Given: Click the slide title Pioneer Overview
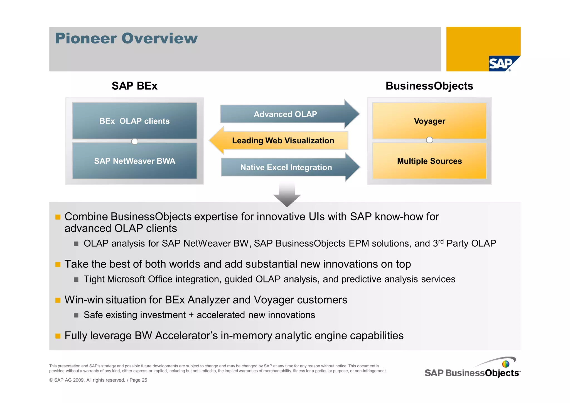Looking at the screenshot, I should point(126,38).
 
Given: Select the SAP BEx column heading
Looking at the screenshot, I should point(134,86).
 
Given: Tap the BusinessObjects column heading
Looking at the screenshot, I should point(429,86).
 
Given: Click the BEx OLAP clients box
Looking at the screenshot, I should point(134,121).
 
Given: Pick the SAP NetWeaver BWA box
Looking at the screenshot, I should point(134,161).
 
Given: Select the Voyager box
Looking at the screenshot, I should point(429,121).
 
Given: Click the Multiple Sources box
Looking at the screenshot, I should point(429,161).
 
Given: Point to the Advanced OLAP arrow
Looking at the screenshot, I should point(285,114).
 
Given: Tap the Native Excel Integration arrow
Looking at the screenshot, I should point(286,167).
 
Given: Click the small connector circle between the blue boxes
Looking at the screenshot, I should point(134,141).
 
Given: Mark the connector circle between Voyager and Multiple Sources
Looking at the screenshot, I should point(429,140).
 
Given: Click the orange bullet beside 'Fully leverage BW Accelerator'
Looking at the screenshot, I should point(58,336).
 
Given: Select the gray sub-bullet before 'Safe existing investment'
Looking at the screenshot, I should point(76,315).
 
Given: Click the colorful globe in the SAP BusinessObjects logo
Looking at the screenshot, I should point(505,364).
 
